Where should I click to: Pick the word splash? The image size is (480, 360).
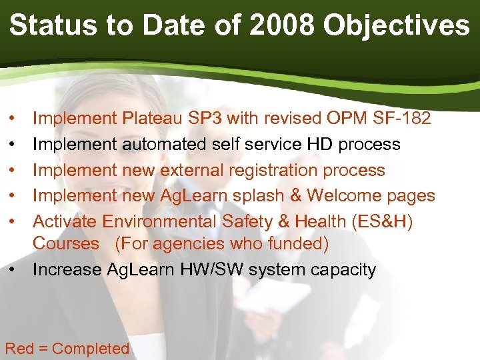coord(256,195)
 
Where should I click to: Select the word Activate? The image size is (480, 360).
coord(64,221)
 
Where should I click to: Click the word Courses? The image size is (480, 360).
coord(65,244)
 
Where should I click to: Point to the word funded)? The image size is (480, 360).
coord(298,244)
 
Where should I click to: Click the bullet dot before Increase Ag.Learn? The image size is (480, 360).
coord(14,270)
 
